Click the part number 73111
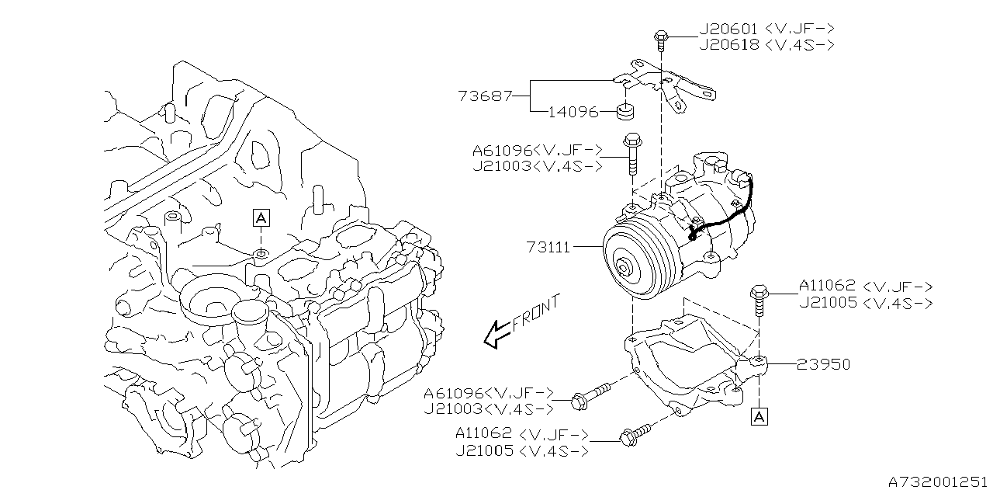[548, 248]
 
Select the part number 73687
[485, 96]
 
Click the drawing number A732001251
[936, 481]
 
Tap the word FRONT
[535, 315]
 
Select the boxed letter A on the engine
[261, 218]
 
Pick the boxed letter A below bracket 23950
[759, 417]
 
